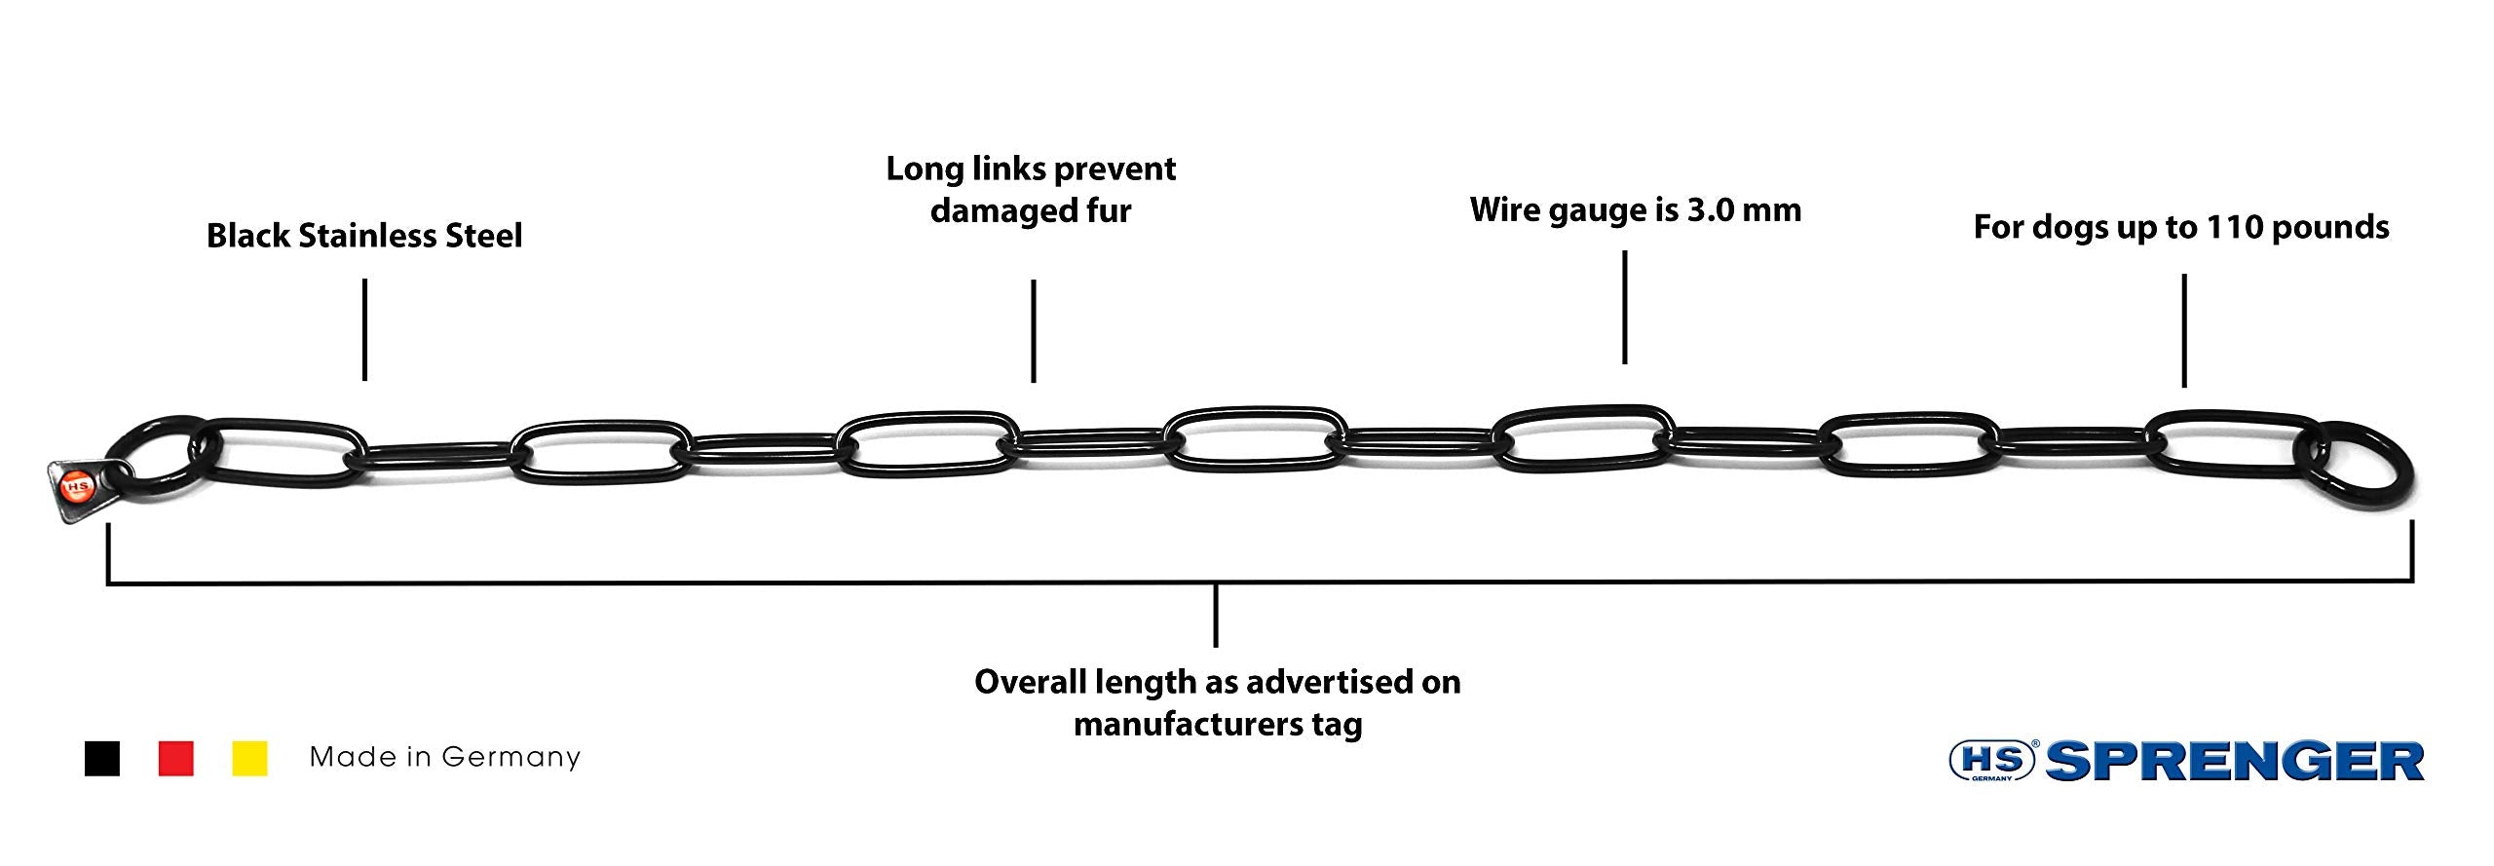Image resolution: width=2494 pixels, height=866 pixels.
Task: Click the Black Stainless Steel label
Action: pyautogui.click(x=364, y=236)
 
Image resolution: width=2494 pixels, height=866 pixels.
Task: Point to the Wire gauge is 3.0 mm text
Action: pyautogui.click(x=1636, y=210)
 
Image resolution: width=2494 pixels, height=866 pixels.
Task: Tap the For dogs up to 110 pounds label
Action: pyautogui.click(x=2181, y=228)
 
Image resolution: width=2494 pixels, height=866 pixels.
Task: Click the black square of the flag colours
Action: pyautogui.click(x=102, y=758)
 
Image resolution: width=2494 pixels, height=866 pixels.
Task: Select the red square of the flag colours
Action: pyautogui.click(x=176, y=758)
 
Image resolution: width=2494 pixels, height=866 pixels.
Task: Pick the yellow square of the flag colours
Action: pyautogui.click(x=249, y=758)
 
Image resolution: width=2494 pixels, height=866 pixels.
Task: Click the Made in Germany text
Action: pyautogui.click(x=444, y=757)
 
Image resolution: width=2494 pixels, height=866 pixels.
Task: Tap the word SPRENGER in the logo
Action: pyautogui.click(x=2235, y=761)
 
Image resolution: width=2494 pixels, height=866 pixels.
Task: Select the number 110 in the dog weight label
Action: pyautogui.click(x=2228, y=227)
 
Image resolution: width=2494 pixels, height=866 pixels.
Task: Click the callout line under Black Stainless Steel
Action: pyautogui.click(x=364, y=329)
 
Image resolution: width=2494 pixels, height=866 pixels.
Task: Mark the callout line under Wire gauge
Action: pyautogui.click(x=1624, y=308)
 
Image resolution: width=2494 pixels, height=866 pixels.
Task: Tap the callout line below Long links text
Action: pyautogui.click(x=1033, y=331)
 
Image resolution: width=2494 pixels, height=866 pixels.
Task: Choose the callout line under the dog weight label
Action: pyautogui.click(x=2183, y=330)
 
